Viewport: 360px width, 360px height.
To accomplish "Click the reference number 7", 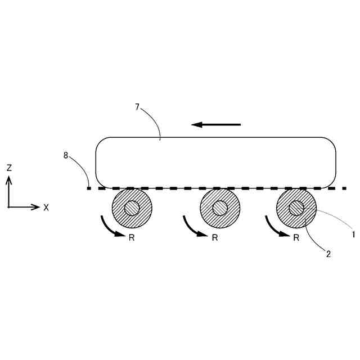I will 137,106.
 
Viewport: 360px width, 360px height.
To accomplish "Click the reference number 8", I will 66,155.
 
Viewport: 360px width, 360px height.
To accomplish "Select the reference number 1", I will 353,235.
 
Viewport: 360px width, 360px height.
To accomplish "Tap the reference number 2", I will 328,254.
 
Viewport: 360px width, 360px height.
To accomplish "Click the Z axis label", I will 9,168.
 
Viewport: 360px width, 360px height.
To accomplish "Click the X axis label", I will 46,208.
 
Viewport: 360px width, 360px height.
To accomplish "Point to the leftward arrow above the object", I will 216,124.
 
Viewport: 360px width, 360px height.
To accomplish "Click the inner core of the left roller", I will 132,208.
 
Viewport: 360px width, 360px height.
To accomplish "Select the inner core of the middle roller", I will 220,208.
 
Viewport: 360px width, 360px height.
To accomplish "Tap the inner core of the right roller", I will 296,208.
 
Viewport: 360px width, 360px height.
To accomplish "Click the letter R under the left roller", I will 132,238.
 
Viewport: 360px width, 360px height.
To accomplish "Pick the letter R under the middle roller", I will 215,238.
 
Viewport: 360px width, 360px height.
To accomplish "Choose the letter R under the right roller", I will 296,238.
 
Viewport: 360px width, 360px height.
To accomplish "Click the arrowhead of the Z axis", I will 8,179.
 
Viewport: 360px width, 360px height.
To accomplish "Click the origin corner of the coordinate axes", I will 8,207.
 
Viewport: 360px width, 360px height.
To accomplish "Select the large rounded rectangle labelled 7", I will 215,162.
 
